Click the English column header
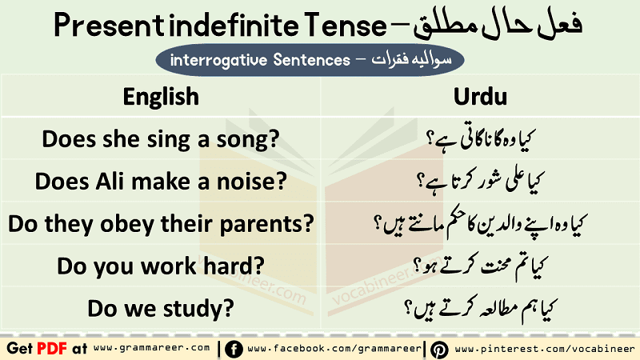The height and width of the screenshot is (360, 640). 161,97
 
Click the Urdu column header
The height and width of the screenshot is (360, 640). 480,97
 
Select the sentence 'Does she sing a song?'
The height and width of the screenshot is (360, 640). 161,139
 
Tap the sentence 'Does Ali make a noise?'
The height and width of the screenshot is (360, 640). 161,182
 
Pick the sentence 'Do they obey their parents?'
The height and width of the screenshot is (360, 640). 161,224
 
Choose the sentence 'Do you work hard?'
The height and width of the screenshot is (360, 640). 161,266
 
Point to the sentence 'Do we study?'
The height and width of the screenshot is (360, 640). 161,309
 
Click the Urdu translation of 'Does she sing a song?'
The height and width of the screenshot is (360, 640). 480,139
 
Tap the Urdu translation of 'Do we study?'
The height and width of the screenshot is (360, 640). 480,309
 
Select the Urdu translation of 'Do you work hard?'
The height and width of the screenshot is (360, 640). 480,266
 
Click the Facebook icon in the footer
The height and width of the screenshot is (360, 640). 234,350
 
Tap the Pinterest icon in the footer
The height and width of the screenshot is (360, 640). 439,350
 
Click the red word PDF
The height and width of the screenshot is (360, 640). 52,349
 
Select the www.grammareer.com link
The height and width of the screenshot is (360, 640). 151,348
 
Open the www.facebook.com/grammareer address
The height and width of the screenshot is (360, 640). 334,349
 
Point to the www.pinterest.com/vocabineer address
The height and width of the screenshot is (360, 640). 545,349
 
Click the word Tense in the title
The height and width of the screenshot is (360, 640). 346,26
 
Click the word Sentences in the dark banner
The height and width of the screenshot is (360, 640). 312,60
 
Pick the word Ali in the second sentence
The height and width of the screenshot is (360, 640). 110,181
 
